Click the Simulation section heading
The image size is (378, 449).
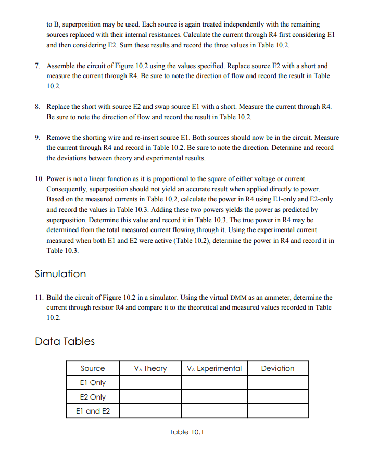click(x=60, y=274)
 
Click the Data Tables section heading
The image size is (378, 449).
click(x=65, y=341)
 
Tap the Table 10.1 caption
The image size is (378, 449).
click(x=187, y=432)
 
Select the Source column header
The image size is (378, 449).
click(x=93, y=368)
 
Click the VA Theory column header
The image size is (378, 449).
click(x=150, y=368)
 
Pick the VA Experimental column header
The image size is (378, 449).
click(x=214, y=368)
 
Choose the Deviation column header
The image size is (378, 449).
click(x=278, y=368)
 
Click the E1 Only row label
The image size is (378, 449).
click(x=93, y=382)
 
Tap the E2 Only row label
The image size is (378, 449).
click(x=93, y=397)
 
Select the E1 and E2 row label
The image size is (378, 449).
click(x=93, y=411)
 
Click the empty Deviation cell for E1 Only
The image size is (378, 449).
click(x=278, y=382)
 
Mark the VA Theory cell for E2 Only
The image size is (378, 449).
click(x=150, y=397)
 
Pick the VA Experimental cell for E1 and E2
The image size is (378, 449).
click(x=214, y=411)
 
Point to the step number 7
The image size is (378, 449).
click(x=37, y=66)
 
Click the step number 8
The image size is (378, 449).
click(x=37, y=107)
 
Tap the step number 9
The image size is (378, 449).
click(x=37, y=138)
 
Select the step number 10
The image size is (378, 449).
click(x=39, y=179)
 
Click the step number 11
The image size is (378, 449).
click(x=39, y=298)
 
